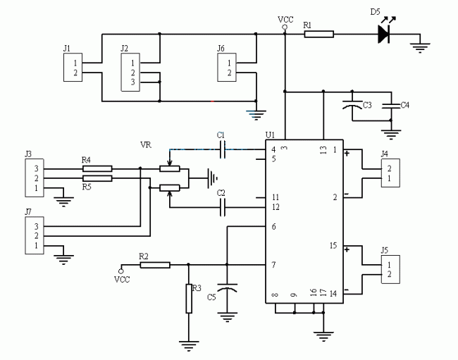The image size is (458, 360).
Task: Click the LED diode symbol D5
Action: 384,34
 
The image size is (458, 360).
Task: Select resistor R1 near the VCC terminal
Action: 318,34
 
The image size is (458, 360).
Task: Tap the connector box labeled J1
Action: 71,67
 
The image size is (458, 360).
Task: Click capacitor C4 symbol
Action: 390,106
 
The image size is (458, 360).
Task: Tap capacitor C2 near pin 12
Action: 223,207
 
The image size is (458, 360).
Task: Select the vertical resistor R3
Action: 189,298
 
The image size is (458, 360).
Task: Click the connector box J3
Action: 32,179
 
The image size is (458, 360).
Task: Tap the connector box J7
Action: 32,235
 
